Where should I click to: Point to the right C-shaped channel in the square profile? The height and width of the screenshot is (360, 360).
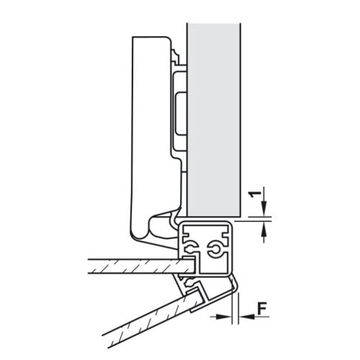click(x=215, y=248)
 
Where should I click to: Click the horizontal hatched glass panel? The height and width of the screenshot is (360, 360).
click(x=130, y=267)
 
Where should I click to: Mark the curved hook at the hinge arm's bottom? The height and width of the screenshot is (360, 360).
click(x=164, y=223)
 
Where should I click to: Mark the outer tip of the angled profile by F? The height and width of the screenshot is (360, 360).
click(x=233, y=284)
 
